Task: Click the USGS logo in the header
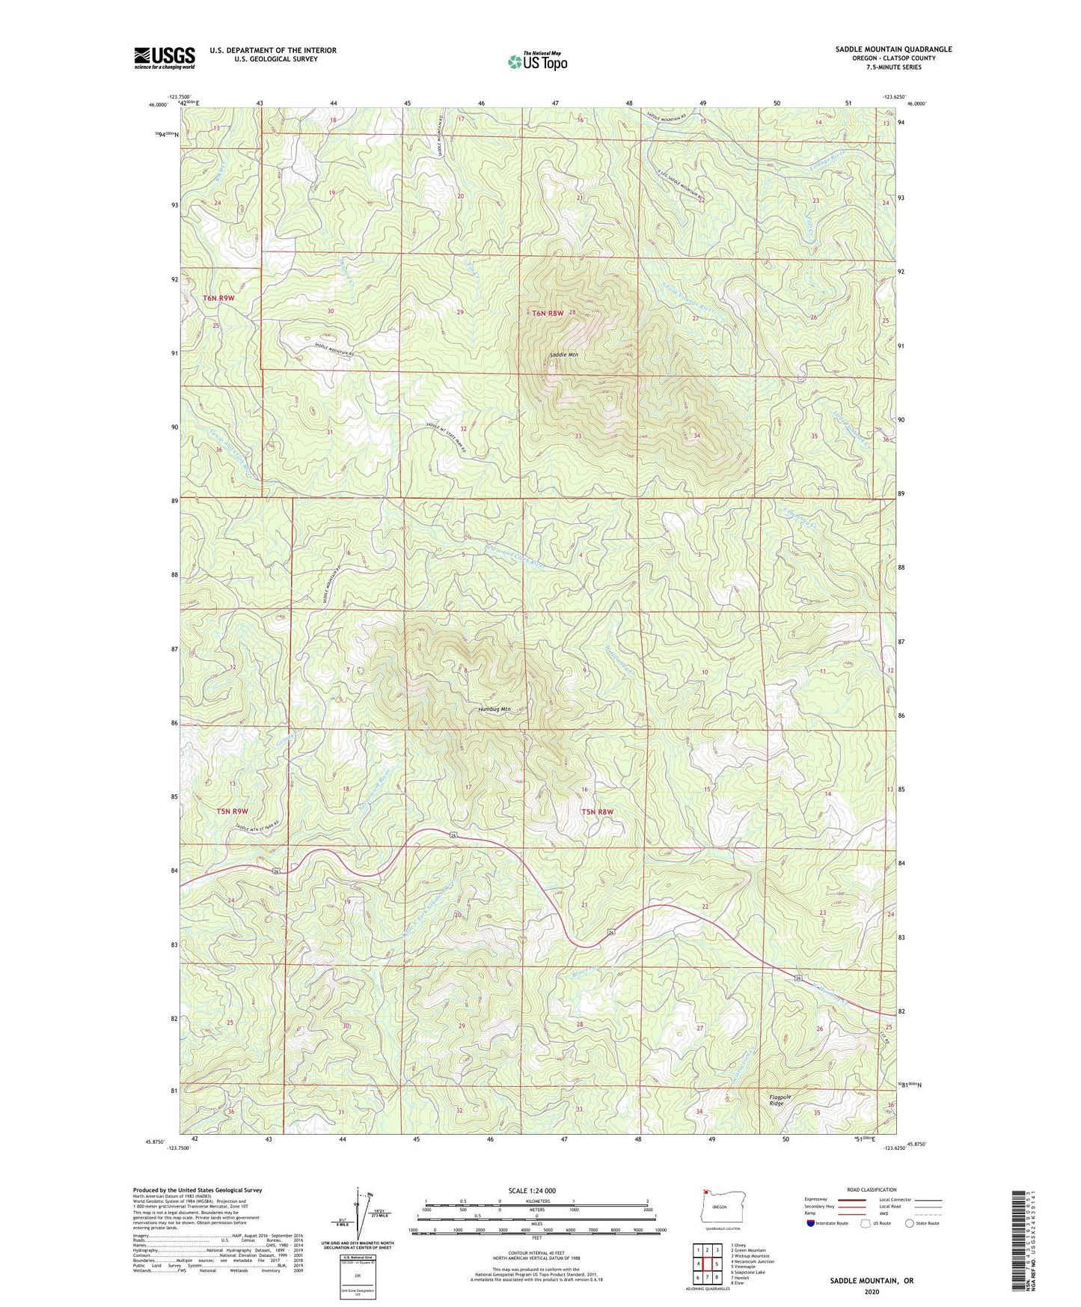click(x=165, y=58)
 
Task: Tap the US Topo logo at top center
click(x=536, y=61)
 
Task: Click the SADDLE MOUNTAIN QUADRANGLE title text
click(x=893, y=49)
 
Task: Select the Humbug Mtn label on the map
click(x=494, y=709)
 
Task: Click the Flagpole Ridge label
click(x=780, y=1100)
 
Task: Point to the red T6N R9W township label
click(x=218, y=298)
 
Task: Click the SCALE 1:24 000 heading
click(x=532, y=1190)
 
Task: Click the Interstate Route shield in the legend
click(x=811, y=1223)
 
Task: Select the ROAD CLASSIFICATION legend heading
click(x=872, y=1189)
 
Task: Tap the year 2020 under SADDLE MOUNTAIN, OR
click(x=872, y=1291)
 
